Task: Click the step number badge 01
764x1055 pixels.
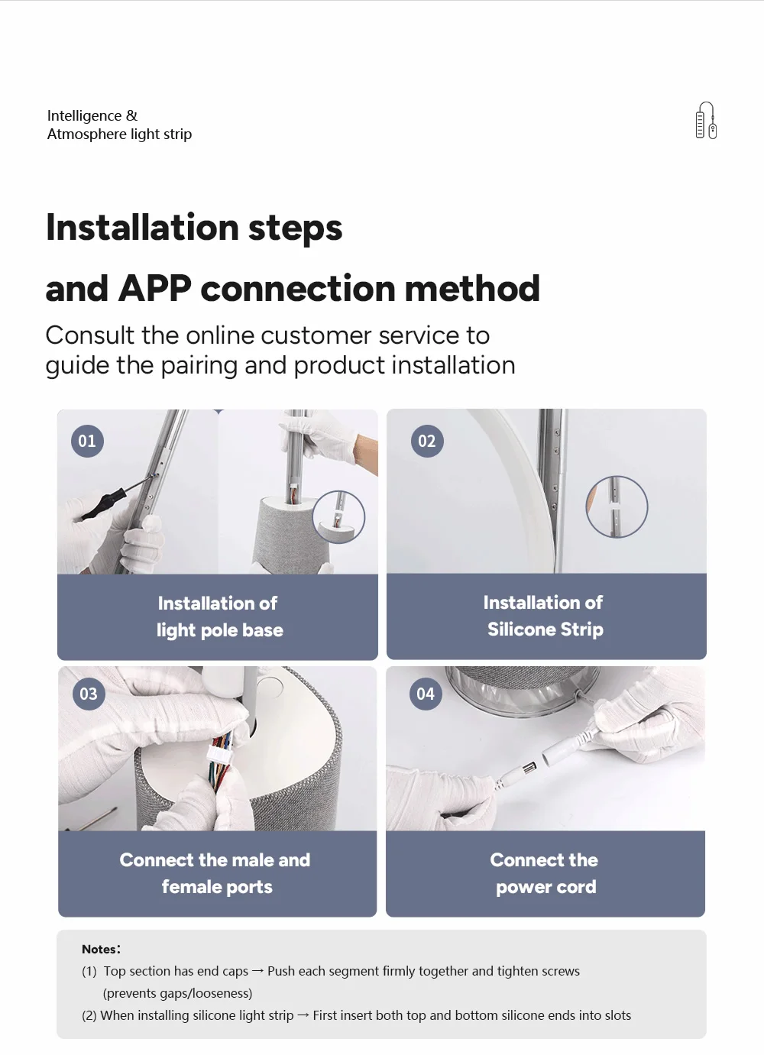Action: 87,441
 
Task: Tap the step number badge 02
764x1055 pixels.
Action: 427,441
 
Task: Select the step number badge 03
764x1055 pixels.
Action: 89,694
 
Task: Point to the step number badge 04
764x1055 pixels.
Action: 426,694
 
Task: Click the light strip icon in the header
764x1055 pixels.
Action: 706,120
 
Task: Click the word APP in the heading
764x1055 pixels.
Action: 154,288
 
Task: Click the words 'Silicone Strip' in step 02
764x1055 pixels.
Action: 545,629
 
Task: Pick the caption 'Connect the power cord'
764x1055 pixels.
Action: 545,874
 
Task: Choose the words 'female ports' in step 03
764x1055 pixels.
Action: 217,887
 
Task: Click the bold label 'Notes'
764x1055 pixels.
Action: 98,949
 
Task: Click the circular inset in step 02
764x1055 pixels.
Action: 617,506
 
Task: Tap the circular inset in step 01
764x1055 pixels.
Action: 338,517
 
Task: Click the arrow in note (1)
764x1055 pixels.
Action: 257,971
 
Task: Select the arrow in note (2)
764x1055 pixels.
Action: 303,1015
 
